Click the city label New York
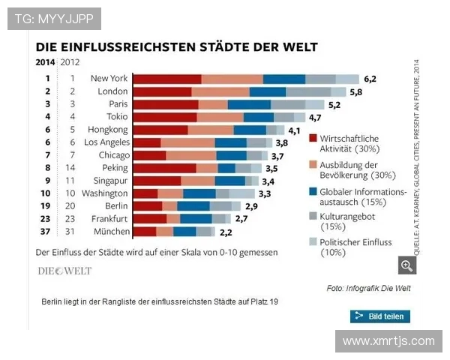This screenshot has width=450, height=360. (109, 78)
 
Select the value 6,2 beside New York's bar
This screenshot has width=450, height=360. (370, 78)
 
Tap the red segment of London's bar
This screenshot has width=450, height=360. (161, 91)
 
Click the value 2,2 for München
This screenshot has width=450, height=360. (226, 232)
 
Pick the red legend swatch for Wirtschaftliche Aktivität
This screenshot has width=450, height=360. (313, 139)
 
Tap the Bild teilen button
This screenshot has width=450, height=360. (380, 316)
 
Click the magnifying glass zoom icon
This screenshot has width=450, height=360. (406, 265)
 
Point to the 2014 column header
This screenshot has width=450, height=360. (45, 62)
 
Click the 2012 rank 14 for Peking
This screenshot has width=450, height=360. (72, 168)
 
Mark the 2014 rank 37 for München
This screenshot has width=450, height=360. (46, 232)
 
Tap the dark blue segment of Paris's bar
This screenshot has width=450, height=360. (249, 104)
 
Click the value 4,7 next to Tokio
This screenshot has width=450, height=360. (315, 117)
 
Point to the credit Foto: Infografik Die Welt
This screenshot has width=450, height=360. (368, 289)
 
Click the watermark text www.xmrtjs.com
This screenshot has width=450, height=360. (388, 341)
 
